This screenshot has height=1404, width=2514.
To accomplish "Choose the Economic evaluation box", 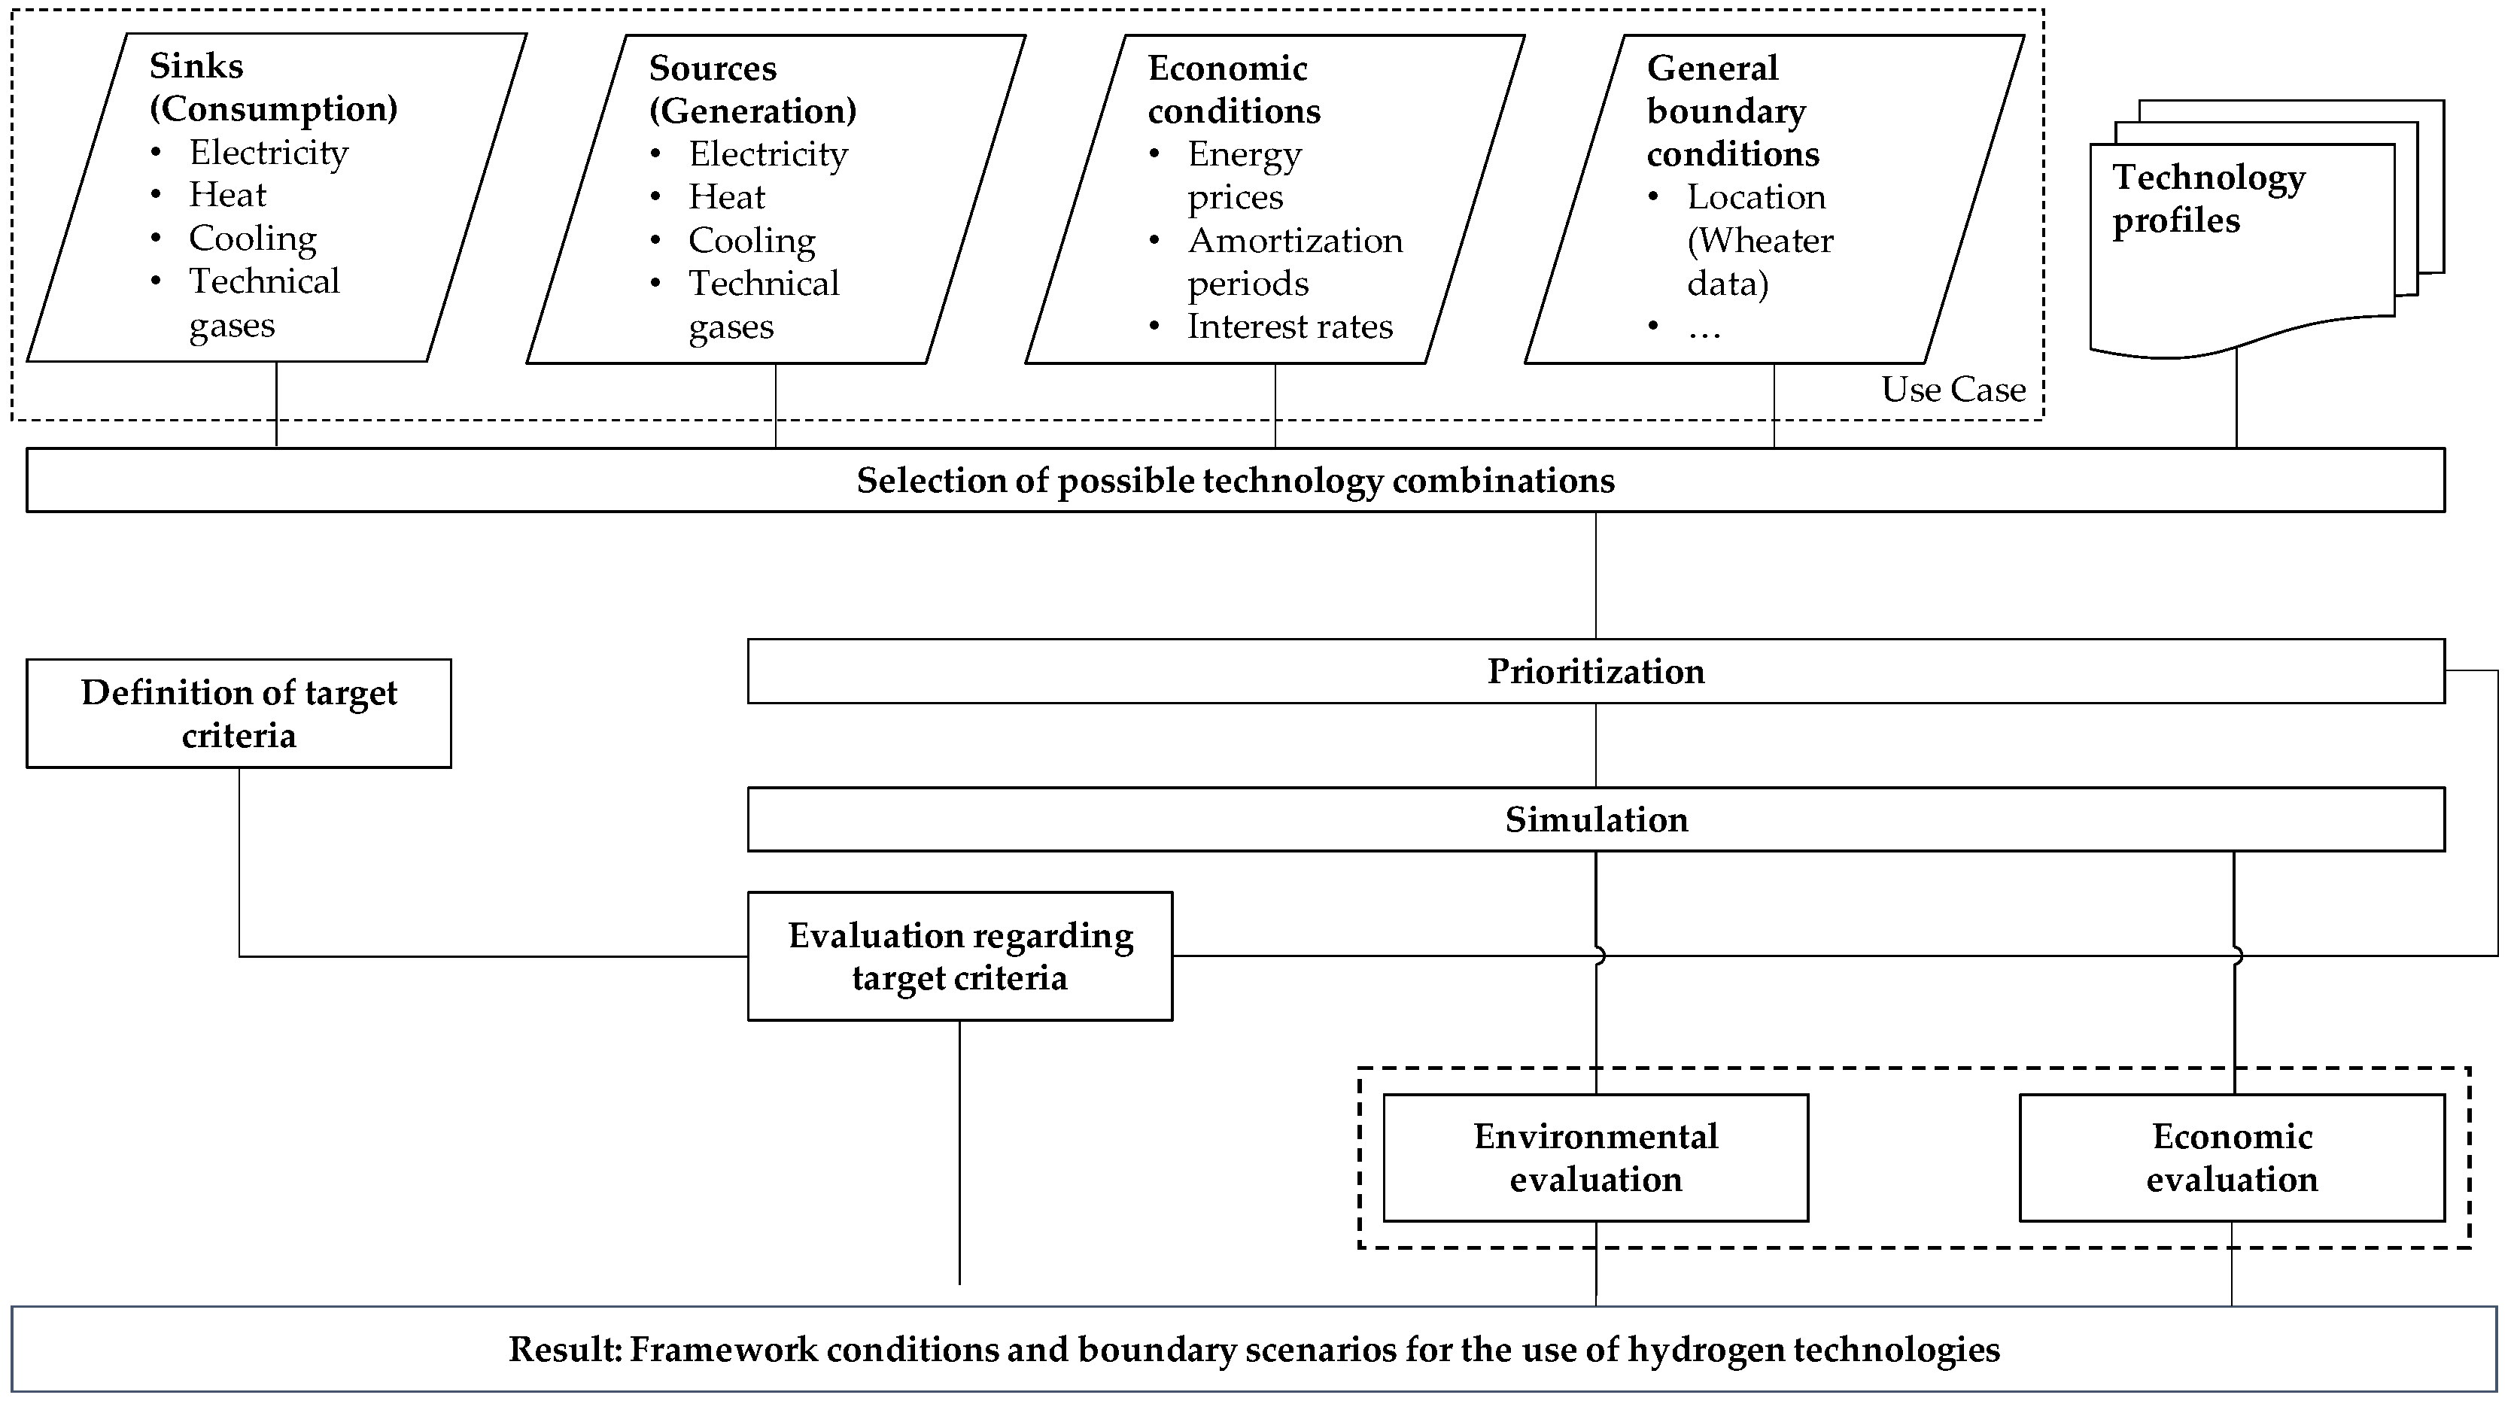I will [2231, 1157].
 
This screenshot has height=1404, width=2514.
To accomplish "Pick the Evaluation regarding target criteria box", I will [959, 956].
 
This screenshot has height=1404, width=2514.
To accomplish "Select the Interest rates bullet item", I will [1289, 326].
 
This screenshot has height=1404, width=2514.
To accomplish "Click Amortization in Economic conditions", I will [1294, 240].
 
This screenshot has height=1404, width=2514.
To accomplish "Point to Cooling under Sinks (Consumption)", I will [252, 238].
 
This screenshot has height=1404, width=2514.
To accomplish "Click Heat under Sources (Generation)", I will [726, 197].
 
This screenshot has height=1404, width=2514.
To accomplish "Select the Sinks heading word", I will [196, 65].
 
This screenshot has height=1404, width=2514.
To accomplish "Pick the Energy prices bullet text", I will [1245, 175].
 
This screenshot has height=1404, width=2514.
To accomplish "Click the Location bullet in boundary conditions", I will [1755, 197].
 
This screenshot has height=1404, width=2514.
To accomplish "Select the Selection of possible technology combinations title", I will [1235, 480].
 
